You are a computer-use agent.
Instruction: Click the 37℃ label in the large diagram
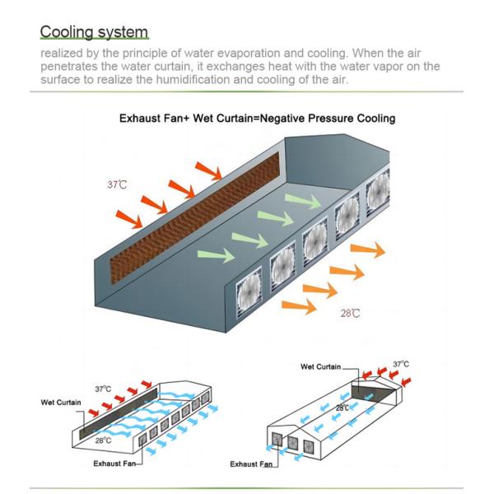(x=117, y=184)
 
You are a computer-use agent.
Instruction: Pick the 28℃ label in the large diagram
(x=351, y=314)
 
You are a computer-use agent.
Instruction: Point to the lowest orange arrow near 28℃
(x=298, y=306)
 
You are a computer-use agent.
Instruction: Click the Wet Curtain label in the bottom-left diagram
(x=60, y=403)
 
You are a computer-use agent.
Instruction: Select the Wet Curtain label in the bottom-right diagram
(x=321, y=366)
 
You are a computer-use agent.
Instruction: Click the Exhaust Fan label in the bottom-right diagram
(x=251, y=464)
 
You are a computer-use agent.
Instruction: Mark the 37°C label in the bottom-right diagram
(x=400, y=364)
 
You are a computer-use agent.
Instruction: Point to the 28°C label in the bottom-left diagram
(x=103, y=440)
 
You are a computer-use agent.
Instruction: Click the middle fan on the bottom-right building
(x=291, y=443)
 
